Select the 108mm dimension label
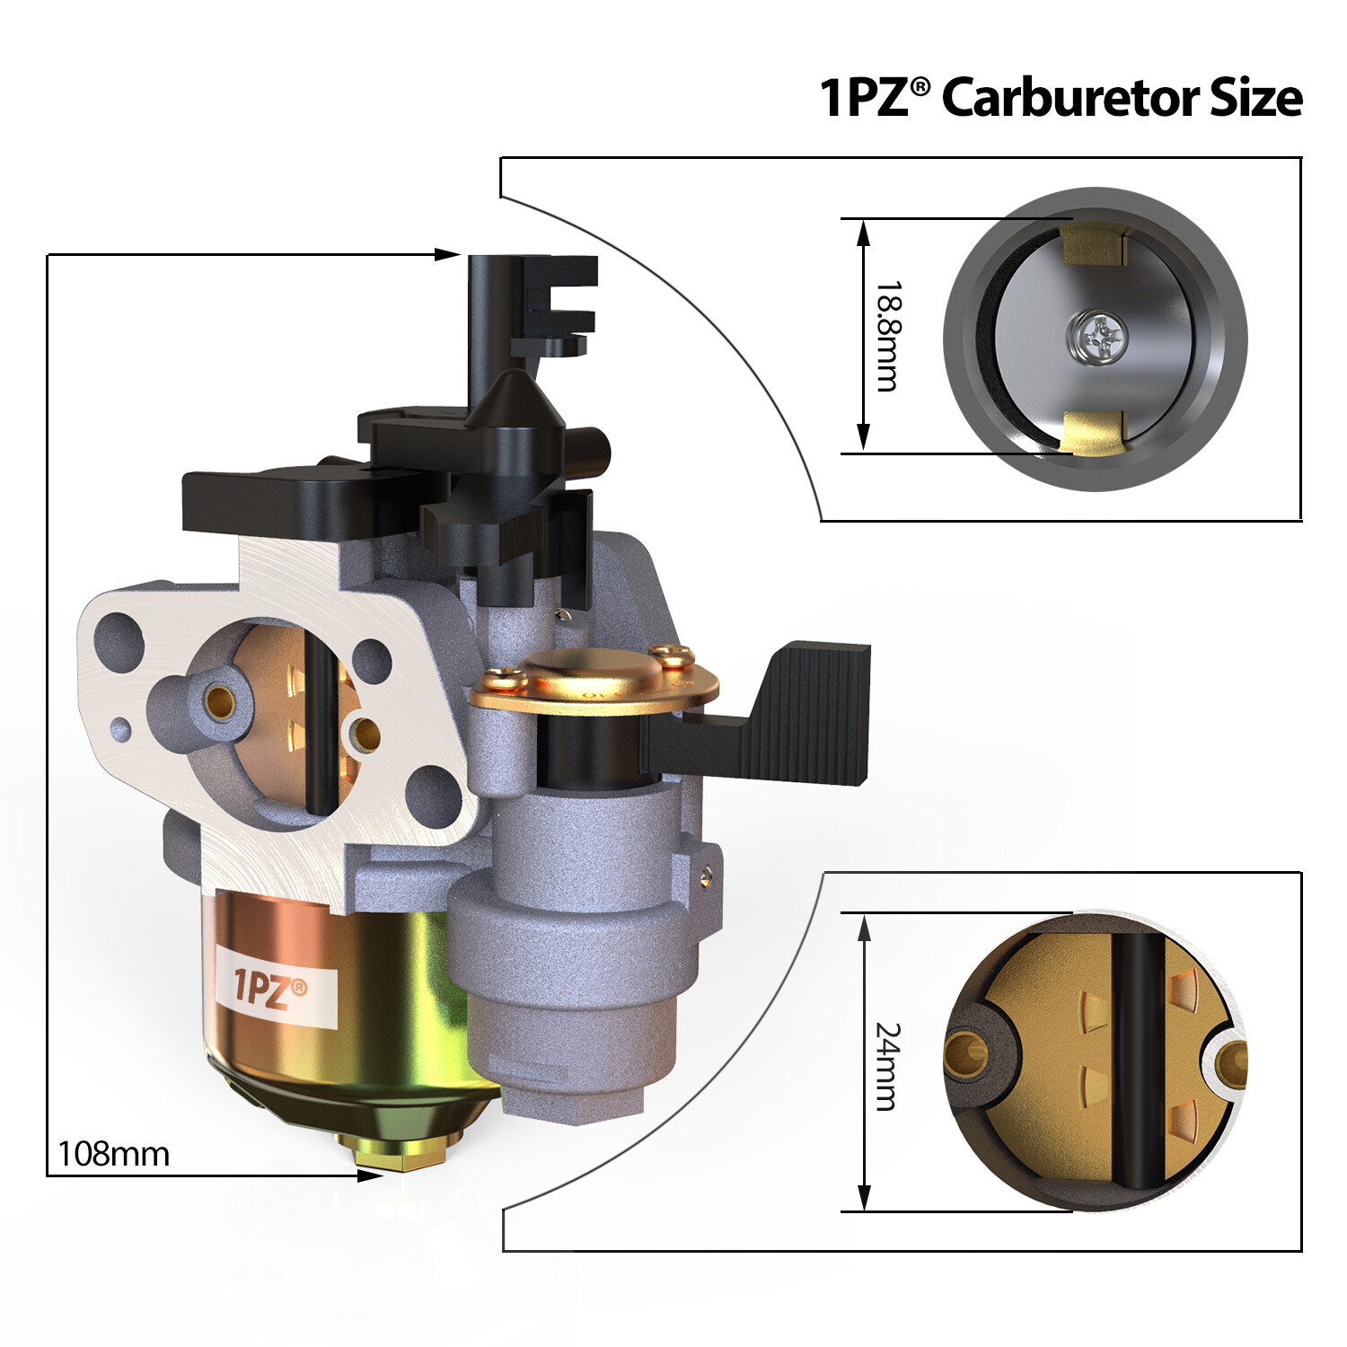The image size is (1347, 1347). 113,1154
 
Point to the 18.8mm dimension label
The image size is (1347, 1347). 887,336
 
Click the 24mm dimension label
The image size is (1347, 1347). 887,1066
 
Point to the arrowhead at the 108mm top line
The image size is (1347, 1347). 447,255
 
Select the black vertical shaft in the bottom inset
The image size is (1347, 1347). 1137,1060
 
